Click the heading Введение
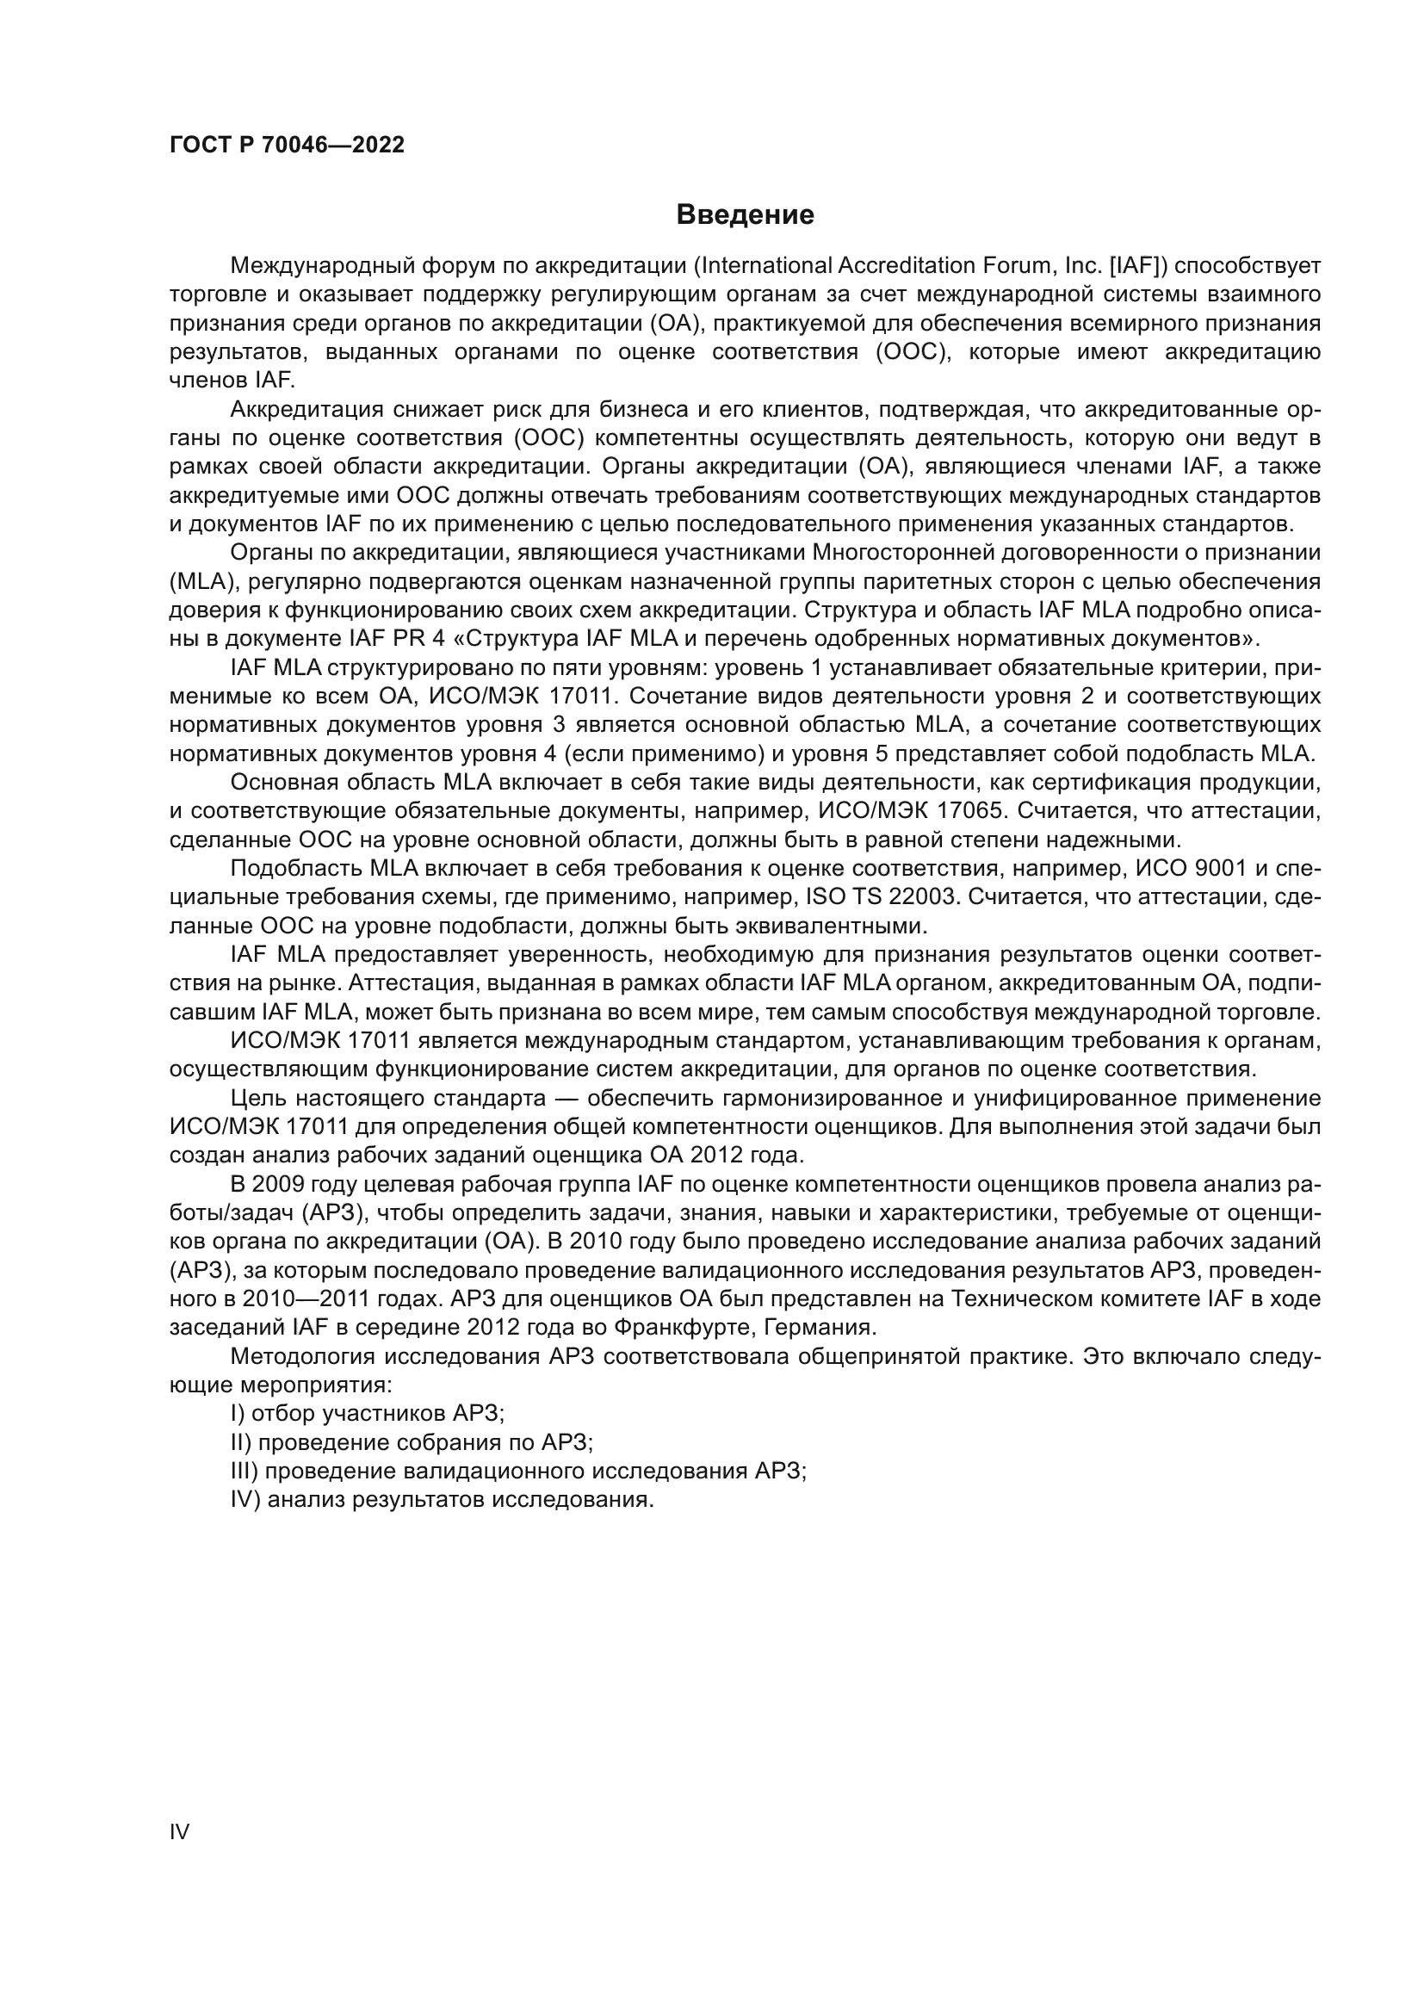click(745, 215)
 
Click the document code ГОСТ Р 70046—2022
click(287, 146)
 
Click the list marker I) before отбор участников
click(238, 1413)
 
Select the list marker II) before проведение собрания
click(241, 1442)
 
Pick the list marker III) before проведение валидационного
click(245, 1471)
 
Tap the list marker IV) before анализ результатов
click(245, 1500)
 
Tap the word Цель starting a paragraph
click(257, 1098)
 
